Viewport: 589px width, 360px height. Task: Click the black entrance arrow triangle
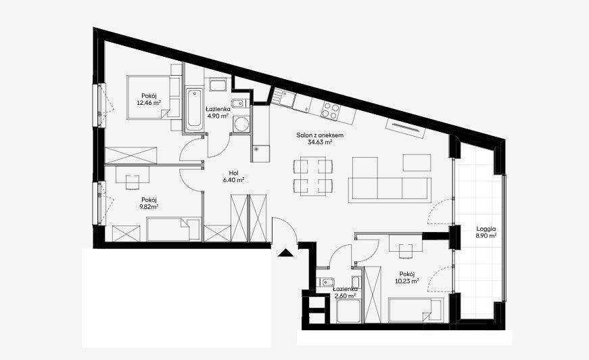285,253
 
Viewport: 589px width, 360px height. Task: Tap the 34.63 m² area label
320,142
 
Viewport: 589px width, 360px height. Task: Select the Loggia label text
486,229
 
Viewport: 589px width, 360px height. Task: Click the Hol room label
234,173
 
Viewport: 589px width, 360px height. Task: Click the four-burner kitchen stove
331,110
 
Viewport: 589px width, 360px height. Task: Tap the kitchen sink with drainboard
283,97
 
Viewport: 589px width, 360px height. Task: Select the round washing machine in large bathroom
241,124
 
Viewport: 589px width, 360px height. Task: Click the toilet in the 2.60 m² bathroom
323,282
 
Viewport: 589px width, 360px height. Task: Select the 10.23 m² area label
407,281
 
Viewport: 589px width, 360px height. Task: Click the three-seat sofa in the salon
390,188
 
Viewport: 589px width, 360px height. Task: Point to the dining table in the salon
313,177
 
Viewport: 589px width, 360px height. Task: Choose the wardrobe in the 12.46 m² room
131,156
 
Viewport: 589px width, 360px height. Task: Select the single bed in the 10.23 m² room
416,311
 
